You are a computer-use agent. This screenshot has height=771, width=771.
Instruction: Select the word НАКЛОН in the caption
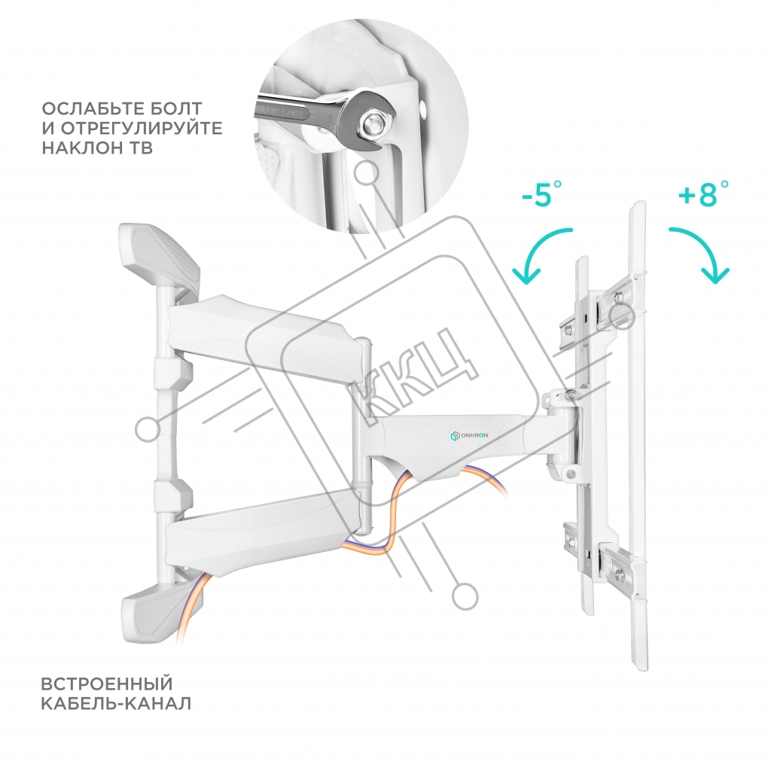coord(81,148)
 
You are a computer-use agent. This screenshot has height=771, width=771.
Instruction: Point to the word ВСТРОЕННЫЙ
coord(106,684)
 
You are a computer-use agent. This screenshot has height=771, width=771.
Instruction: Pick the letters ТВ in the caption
coord(140,148)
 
